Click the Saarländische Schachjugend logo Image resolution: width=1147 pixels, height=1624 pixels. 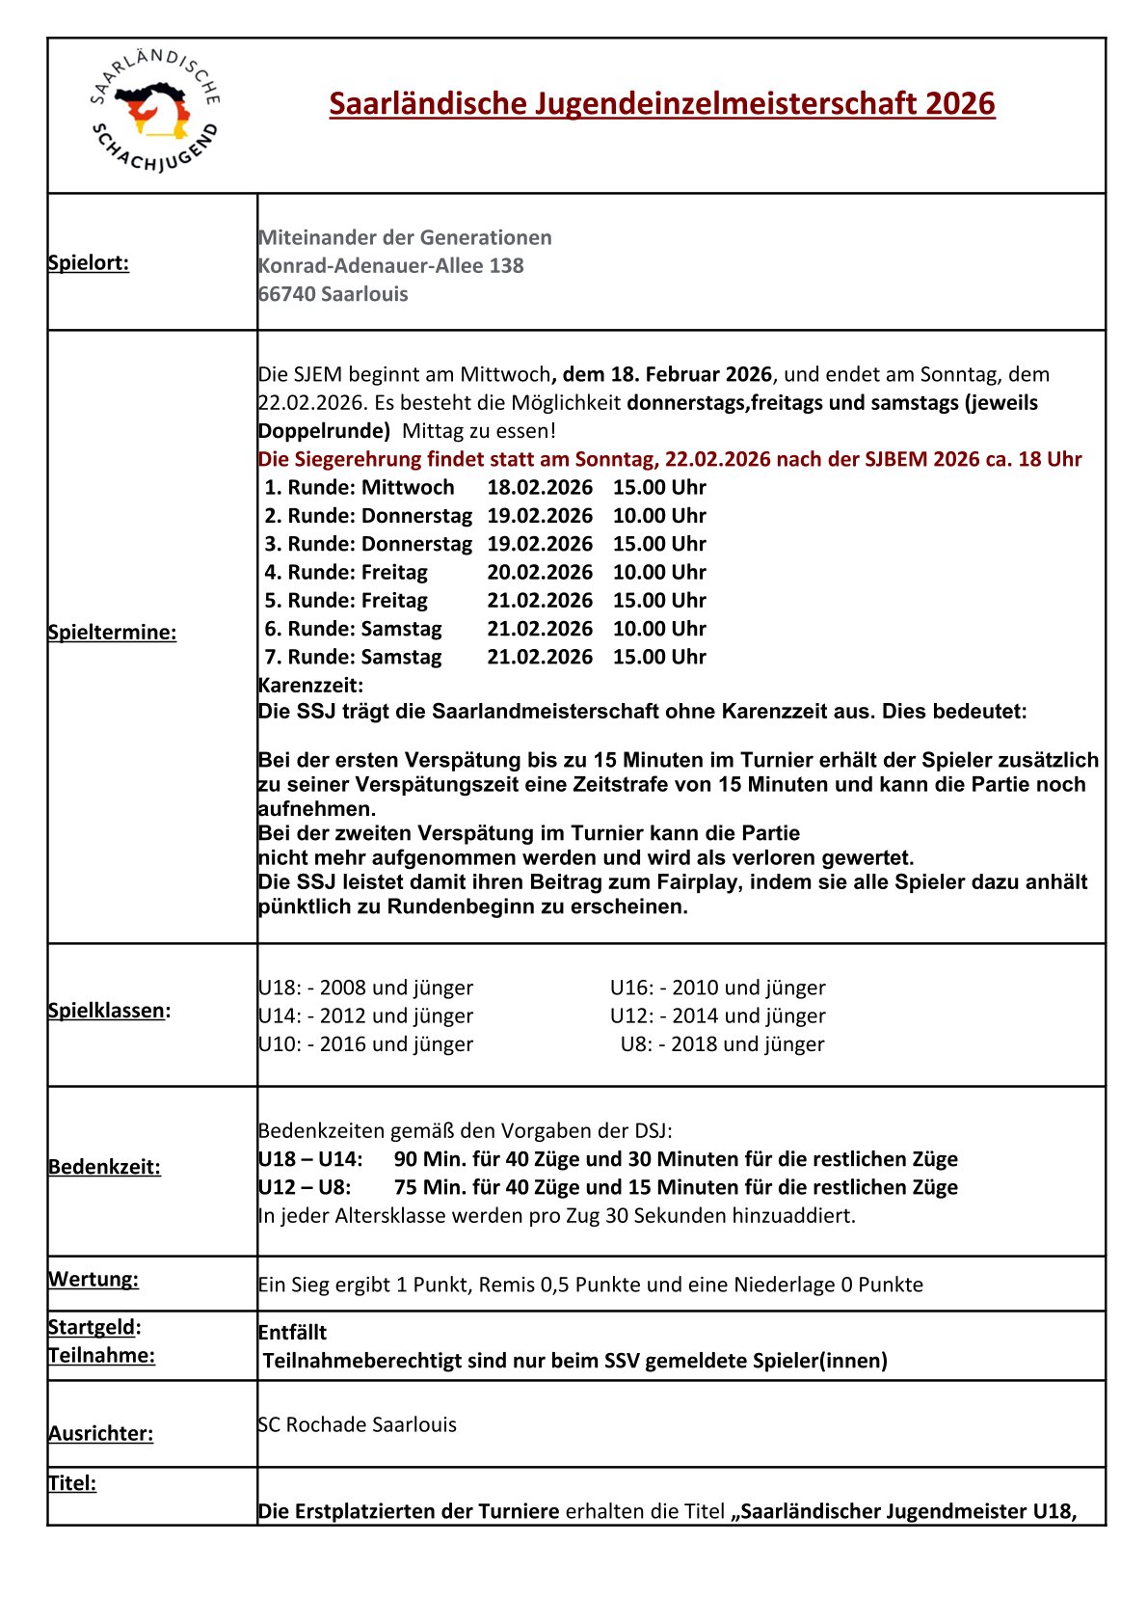point(155,113)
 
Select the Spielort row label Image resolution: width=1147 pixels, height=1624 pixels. point(89,262)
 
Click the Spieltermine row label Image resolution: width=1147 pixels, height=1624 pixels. point(112,633)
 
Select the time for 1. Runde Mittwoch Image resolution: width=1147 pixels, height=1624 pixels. point(659,487)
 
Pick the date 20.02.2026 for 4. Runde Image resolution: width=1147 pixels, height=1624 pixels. point(540,572)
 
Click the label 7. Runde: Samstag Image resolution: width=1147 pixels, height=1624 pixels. point(354,657)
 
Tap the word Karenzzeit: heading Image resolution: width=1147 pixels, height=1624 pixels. point(311,686)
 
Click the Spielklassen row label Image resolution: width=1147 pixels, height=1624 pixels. point(107,1011)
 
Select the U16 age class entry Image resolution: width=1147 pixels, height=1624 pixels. point(717,988)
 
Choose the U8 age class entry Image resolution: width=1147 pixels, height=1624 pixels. point(722,1044)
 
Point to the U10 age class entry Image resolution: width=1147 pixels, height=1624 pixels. point(365,1044)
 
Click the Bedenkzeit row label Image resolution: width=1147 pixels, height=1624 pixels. point(104,1167)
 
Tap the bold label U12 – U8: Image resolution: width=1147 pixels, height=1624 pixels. point(305,1187)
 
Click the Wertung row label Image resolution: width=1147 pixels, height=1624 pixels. point(93,1280)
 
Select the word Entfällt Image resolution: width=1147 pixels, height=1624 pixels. point(293,1333)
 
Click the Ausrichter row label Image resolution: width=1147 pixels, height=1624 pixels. point(101,1434)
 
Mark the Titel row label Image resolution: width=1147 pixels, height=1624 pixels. point(72,1483)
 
